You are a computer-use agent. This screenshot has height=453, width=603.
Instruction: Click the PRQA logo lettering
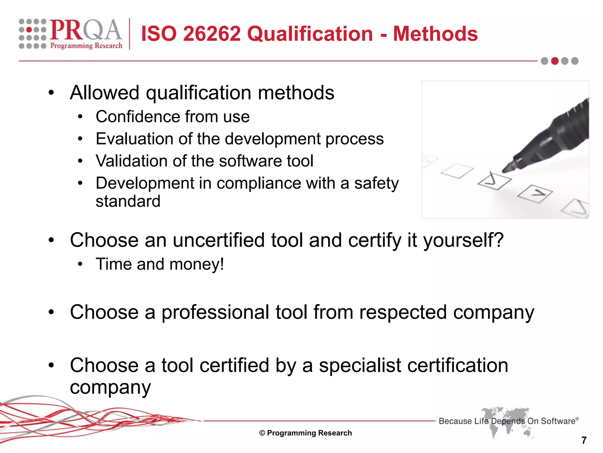(x=85, y=30)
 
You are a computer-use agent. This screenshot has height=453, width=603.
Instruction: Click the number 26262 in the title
(x=212, y=34)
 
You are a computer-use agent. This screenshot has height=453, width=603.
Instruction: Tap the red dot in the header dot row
(x=555, y=61)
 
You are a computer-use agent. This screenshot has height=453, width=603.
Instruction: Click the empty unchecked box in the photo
(x=457, y=171)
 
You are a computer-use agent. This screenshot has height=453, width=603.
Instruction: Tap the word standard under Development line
(x=128, y=201)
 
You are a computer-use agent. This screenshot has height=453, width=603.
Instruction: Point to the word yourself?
(x=463, y=240)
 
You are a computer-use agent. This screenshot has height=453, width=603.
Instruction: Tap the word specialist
(x=360, y=366)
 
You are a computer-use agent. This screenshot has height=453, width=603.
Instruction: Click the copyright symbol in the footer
(x=262, y=433)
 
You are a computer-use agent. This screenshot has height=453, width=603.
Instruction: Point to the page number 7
(x=584, y=440)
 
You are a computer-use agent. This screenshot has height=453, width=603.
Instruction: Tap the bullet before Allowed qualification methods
(x=52, y=93)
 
